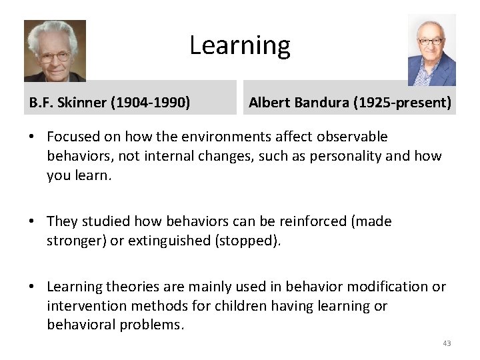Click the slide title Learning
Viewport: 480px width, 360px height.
[x=240, y=45]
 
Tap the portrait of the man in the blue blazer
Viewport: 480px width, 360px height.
[x=431, y=50]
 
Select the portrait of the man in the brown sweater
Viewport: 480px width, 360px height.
[x=55, y=51]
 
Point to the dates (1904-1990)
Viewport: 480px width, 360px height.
[x=151, y=103]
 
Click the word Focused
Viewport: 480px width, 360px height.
[x=73, y=137]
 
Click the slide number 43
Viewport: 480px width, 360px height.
[x=446, y=343]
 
